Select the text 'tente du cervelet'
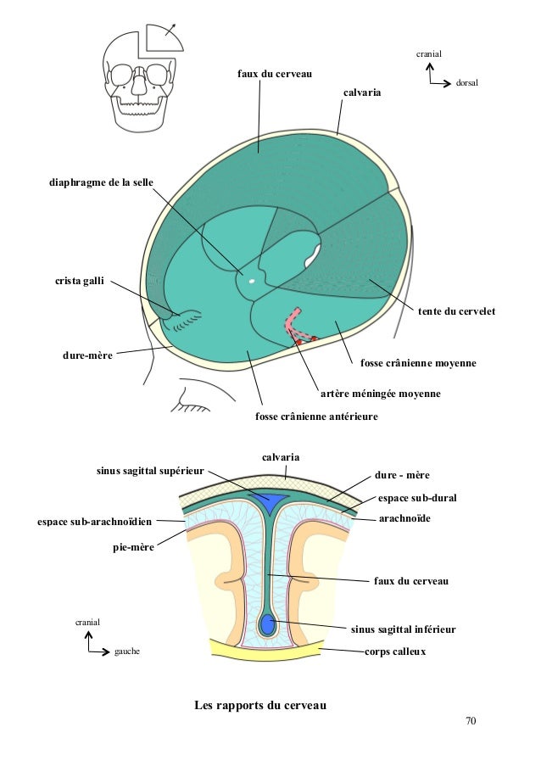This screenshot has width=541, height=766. [455, 313]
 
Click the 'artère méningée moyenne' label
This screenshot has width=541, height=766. [381, 394]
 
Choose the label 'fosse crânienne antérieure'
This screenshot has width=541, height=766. [316, 417]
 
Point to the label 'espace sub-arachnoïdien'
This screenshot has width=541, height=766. [89, 517]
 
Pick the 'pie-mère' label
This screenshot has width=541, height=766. [133, 548]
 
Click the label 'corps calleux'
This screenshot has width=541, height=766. [394, 652]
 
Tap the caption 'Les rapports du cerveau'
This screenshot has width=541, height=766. [259, 706]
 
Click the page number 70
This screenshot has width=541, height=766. [471, 721]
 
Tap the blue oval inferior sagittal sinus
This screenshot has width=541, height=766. [268, 626]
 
